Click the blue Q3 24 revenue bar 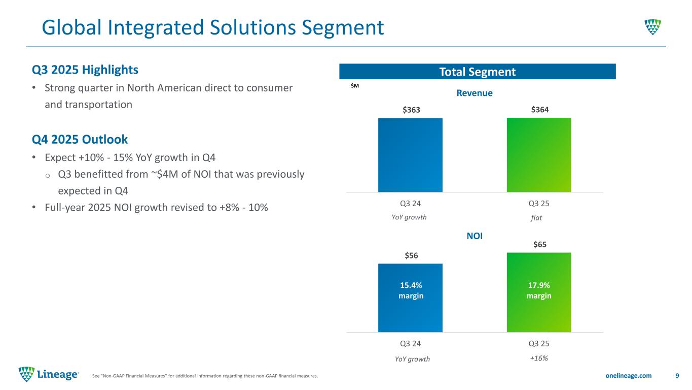pyautogui.click(x=410, y=155)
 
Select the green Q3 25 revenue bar pyautogui.click(x=539, y=155)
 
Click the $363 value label pyautogui.click(x=410, y=110)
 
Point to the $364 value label pyautogui.click(x=539, y=110)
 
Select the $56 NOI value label pyautogui.click(x=410, y=255)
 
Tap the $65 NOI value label pyautogui.click(x=539, y=244)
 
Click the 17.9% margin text pyautogui.click(x=539, y=290)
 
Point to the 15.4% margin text pyautogui.click(x=410, y=290)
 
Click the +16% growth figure pyautogui.click(x=539, y=358)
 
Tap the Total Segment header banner pyautogui.click(x=477, y=72)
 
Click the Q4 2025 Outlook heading pyautogui.click(x=80, y=139)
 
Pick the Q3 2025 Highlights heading pyautogui.click(x=85, y=69)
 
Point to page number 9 pyautogui.click(x=677, y=375)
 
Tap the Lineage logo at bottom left pyautogui.click(x=49, y=374)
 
